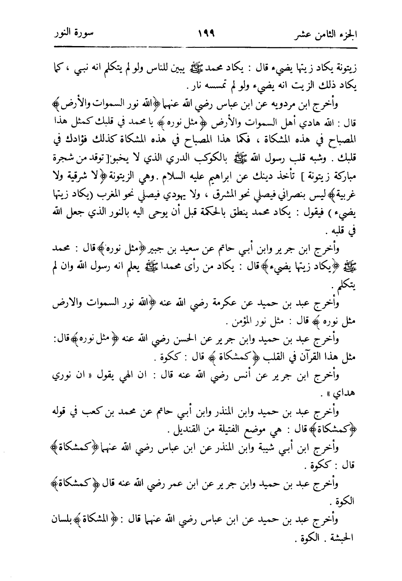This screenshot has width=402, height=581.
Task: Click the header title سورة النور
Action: (71, 33)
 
